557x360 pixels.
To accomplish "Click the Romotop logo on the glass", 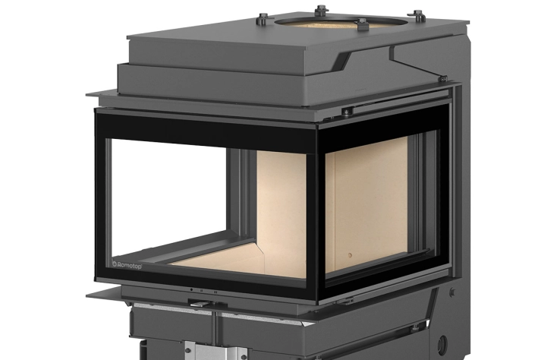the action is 127,265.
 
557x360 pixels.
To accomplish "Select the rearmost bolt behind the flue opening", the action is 321,11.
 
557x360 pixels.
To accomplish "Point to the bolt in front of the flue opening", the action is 361,25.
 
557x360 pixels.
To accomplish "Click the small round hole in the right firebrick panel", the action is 350,255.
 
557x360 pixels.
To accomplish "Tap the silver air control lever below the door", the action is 201,303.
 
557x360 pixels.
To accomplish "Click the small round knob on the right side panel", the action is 452,292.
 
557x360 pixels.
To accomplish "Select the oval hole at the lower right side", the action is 442,344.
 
